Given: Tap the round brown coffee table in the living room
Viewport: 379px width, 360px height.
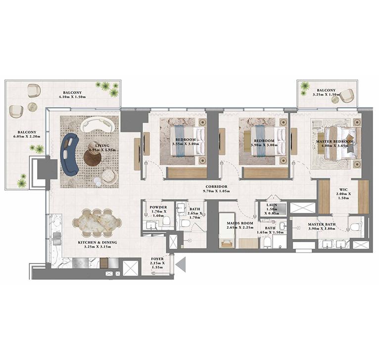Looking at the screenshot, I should coord(93,157).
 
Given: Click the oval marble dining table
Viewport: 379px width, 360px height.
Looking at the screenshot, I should coord(97,222).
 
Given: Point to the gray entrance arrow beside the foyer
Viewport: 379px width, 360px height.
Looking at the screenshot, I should coord(181,264).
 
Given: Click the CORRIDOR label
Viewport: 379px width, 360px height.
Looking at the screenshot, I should coord(217,187).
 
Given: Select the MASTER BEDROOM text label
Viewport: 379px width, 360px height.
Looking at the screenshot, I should coord(335,142).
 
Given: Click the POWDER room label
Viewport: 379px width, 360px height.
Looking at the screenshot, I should coord(159,207).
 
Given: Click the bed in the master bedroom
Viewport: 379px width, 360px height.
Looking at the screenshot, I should coord(340,143).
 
